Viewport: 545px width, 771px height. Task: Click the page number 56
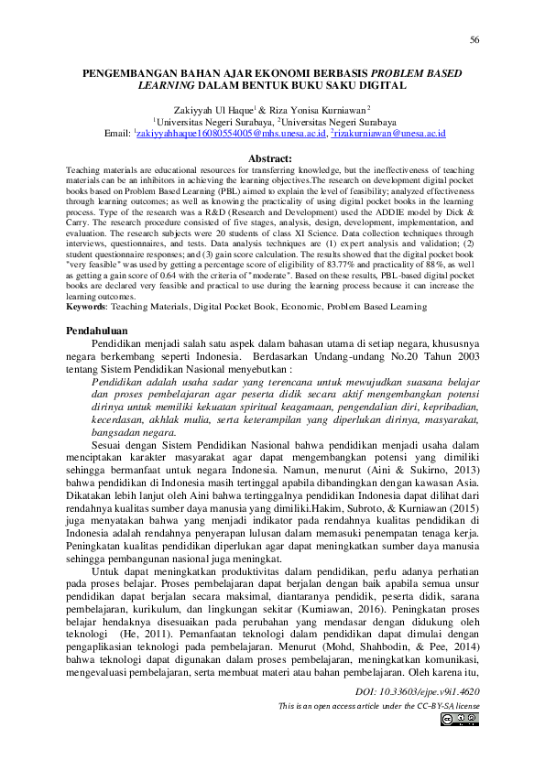474,40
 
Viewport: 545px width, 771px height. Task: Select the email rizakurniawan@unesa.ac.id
388,133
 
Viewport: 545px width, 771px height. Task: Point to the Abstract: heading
272,159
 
